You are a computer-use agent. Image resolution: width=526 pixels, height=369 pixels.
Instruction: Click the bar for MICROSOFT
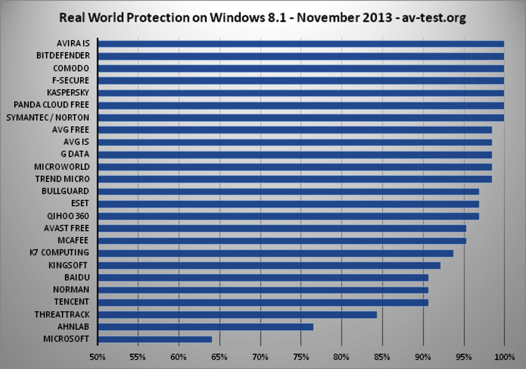pos(154,339)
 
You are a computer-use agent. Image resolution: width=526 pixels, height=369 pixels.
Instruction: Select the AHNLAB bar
pos(205,327)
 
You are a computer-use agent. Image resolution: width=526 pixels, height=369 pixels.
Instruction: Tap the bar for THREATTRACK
pos(237,315)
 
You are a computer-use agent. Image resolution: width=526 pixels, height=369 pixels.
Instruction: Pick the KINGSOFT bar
pos(269,265)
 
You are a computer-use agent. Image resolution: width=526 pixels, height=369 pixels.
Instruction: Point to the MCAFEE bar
pos(282,241)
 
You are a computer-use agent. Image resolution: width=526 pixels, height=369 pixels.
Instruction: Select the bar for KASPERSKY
pos(301,92)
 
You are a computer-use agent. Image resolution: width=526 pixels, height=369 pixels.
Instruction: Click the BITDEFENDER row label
pos(63,56)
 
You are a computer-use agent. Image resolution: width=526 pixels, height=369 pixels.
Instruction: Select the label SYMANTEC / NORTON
pos(47,117)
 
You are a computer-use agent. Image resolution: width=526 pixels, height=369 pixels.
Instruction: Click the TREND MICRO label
pos(63,179)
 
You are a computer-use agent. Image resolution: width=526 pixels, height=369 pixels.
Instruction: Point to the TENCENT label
pos(71,302)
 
